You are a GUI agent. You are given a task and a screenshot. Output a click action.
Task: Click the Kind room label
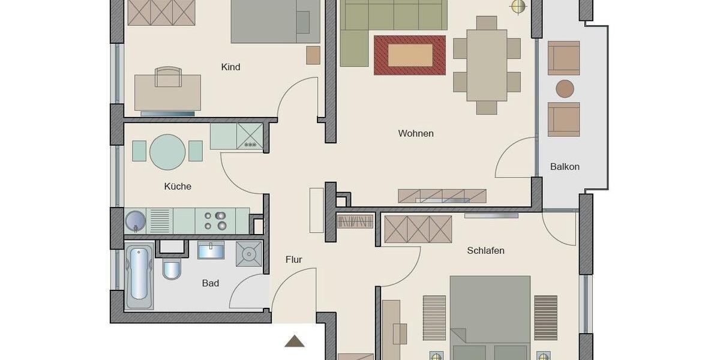230,67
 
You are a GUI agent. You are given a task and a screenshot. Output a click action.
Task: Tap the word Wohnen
416,133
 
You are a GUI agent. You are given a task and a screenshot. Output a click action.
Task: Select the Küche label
178,186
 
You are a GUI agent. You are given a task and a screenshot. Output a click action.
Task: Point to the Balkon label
565,166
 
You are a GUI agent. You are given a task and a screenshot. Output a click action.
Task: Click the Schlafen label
485,250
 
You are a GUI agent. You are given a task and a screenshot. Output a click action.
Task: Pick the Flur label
293,259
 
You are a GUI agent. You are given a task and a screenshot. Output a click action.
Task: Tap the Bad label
210,283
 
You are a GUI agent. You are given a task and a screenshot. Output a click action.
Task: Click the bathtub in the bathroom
138,274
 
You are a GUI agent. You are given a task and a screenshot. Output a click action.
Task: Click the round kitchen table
167,151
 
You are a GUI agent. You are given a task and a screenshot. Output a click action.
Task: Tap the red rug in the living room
410,55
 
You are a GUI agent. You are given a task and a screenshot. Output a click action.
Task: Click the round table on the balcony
565,89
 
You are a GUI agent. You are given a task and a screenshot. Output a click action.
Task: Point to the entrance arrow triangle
294,341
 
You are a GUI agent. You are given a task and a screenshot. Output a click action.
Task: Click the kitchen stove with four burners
215,220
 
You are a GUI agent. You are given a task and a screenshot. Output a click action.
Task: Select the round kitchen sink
134,221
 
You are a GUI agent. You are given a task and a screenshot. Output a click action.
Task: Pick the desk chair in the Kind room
168,77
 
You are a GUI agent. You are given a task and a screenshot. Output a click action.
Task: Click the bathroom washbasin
211,250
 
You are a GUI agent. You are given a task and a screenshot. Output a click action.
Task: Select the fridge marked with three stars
250,136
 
